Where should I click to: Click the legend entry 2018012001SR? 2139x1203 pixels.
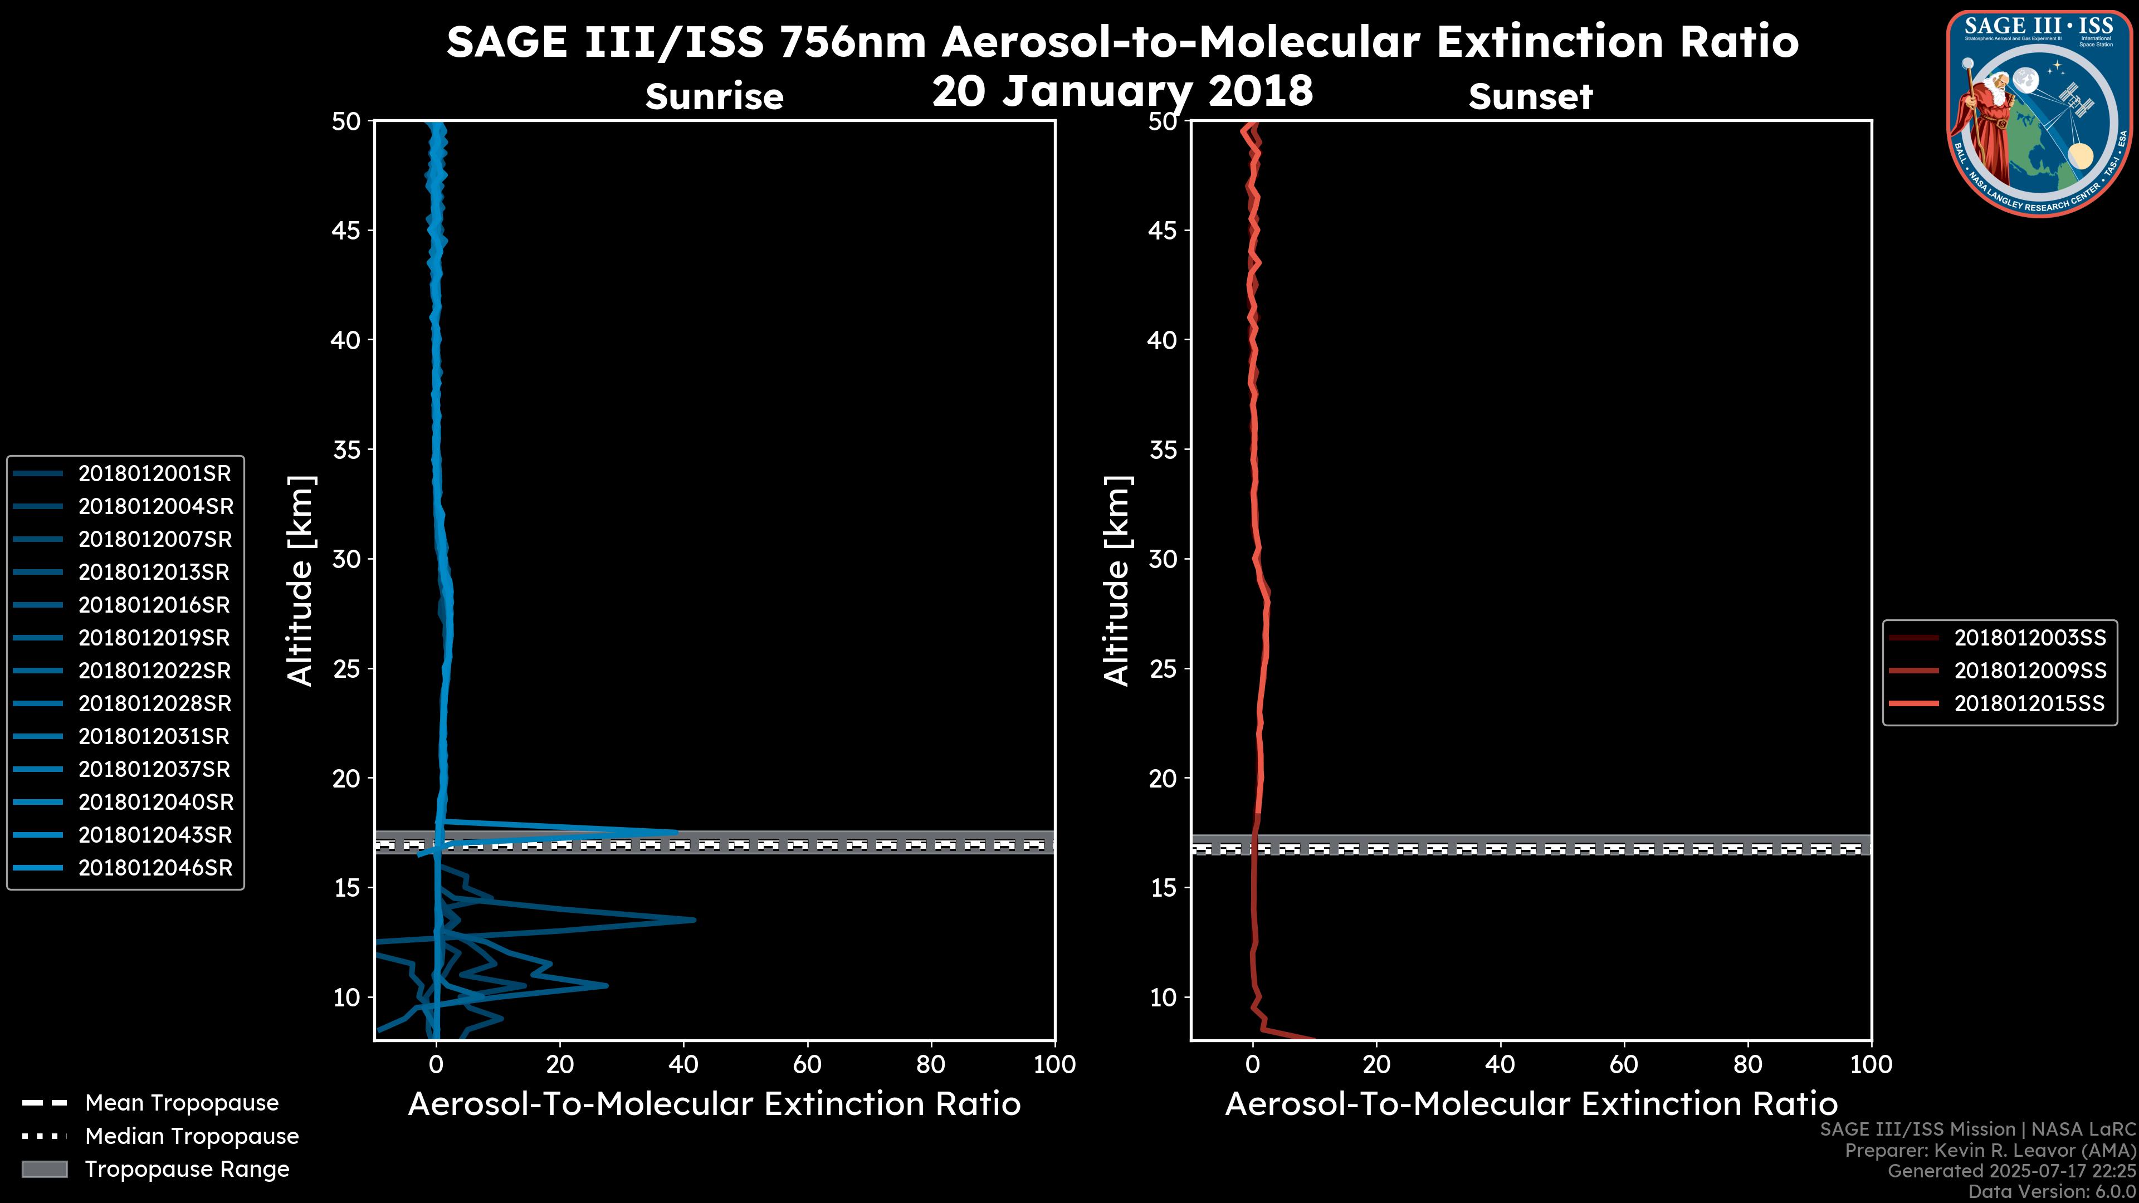tap(154, 473)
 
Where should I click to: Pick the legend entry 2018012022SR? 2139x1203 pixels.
tap(154, 671)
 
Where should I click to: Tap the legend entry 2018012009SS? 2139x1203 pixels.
tap(2029, 671)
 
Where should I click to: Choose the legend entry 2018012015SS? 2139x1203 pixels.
tap(2029, 704)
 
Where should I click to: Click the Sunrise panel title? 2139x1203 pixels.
tap(714, 97)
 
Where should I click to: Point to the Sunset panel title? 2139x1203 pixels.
tap(1530, 97)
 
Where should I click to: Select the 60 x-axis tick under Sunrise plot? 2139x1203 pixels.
tap(807, 1064)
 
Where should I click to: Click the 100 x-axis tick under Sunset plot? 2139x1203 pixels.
tap(1871, 1064)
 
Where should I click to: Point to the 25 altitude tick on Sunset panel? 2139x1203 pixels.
tap(1163, 668)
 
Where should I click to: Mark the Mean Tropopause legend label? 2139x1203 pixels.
tap(182, 1103)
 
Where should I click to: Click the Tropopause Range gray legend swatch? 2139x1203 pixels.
tap(45, 1169)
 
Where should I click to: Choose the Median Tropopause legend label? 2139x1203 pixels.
tap(192, 1136)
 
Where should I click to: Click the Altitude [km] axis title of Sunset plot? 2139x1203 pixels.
tap(1117, 580)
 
